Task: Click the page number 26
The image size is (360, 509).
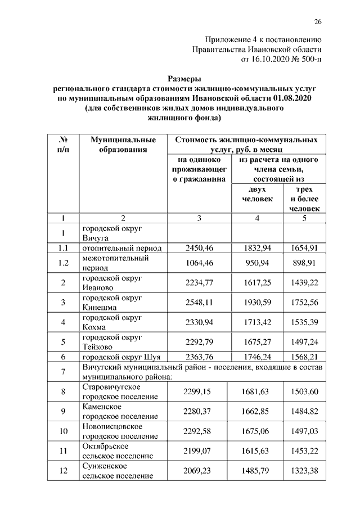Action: click(x=317, y=22)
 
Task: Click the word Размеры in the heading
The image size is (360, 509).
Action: click(x=185, y=79)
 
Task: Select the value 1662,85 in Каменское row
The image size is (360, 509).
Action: click(x=255, y=412)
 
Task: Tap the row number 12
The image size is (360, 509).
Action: click(x=64, y=470)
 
